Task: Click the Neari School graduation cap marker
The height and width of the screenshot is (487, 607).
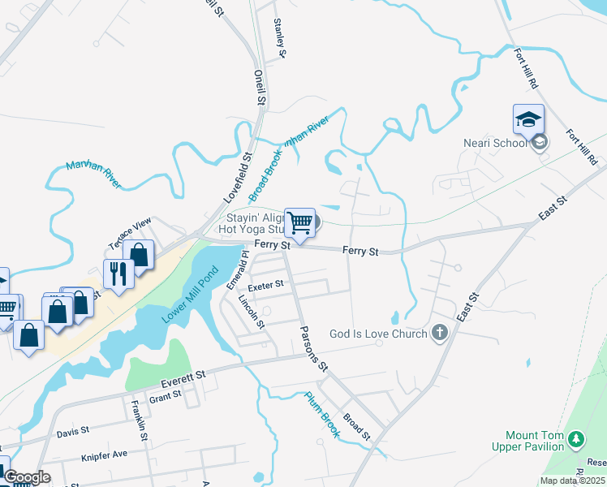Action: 528,120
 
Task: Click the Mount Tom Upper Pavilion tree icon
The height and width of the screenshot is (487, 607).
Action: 576,440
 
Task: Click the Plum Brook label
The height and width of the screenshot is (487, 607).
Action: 321,411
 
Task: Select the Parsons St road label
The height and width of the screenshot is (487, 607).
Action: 313,349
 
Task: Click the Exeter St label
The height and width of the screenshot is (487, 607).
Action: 266,285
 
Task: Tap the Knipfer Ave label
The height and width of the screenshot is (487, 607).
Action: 105,455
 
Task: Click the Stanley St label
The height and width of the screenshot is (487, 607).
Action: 281,38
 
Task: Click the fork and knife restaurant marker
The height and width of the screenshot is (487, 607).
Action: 118,274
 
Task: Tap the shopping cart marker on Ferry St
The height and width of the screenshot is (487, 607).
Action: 299,222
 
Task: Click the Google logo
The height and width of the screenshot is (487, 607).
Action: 28,478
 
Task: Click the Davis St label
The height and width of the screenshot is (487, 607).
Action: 74,433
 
